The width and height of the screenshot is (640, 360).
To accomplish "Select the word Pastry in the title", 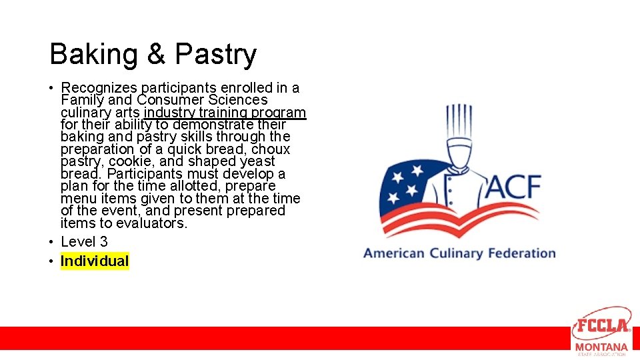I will (x=215, y=55).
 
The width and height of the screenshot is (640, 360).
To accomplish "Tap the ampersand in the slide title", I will (x=156, y=54).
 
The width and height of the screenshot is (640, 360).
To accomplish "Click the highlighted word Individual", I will (x=95, y=261).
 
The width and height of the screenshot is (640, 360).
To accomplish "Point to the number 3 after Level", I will (x=103, y=241).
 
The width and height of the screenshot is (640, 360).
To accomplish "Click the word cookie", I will (x=130, y=161).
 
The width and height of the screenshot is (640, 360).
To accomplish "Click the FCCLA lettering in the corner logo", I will (x=602, y=326).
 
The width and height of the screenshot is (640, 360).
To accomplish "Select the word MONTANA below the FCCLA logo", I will (x=601, y=347).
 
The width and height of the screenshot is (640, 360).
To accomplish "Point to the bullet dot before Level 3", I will (x=51, y=242).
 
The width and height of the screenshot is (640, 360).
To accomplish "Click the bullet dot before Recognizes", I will (x=51, y=88).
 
